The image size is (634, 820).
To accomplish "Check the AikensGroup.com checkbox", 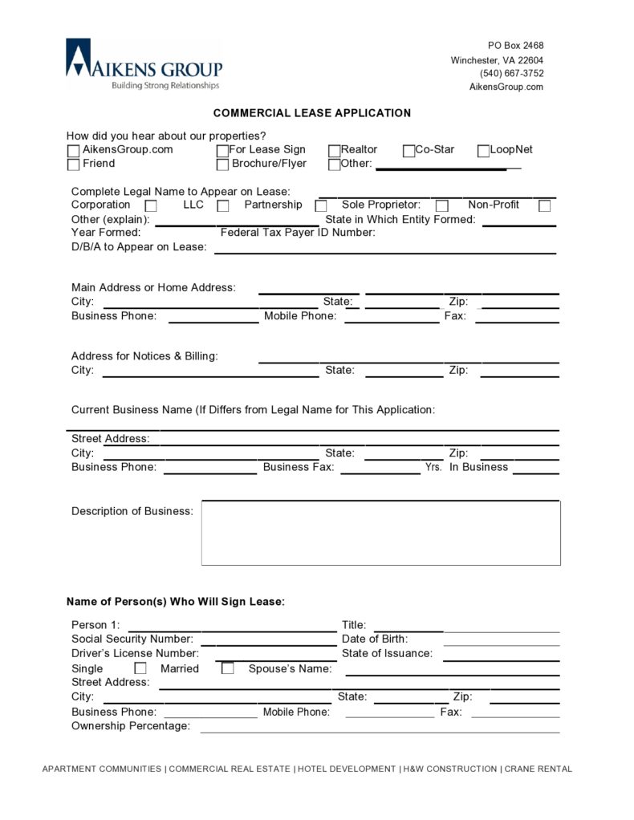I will (x=74, y=151).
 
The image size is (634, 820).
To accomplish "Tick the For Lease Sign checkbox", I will (x=223, y=151).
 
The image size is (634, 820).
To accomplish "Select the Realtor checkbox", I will (x=335, y=151).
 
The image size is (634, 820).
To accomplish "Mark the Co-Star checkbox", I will (x=409, y=151).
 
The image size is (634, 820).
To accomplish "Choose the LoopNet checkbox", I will (x=484, y=151).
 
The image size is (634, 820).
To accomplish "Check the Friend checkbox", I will (x=74, y=164).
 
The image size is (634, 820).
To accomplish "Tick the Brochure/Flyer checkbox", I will (x=223, y=164).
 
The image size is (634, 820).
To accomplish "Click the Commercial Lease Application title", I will (x=311, y=113).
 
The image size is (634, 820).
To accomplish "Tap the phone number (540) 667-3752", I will (x=511, y=73).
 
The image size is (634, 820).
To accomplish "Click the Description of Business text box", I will (x=380, y=534).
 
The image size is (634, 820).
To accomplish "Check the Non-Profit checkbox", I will (x=544, y=206).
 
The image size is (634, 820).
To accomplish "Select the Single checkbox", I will (x=140, y=668).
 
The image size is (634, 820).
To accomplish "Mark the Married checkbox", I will (x=228, y=668).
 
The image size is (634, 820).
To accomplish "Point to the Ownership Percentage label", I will (x=131, y=726).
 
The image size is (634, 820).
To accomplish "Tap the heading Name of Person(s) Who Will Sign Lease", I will (x=175, y=602).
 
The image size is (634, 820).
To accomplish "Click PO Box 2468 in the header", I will (x=515, y=46).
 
